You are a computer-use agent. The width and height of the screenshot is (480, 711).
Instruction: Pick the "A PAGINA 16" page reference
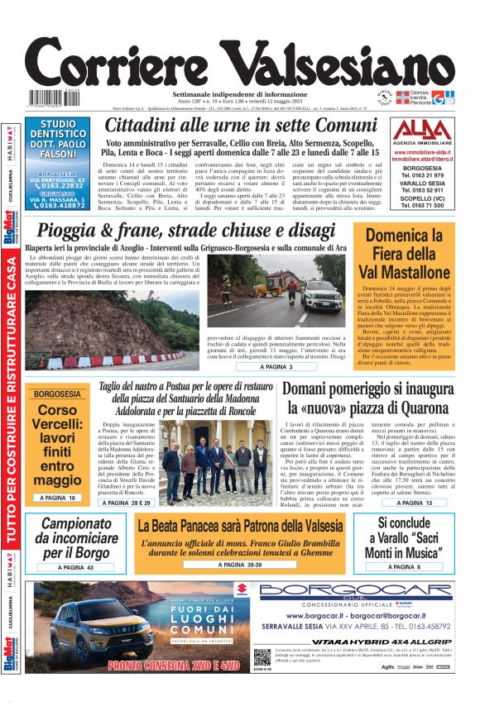pyautogui.click(x=57, y=498)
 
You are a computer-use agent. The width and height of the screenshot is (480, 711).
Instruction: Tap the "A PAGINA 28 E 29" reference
pyautogui.click(x=122, y=503)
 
